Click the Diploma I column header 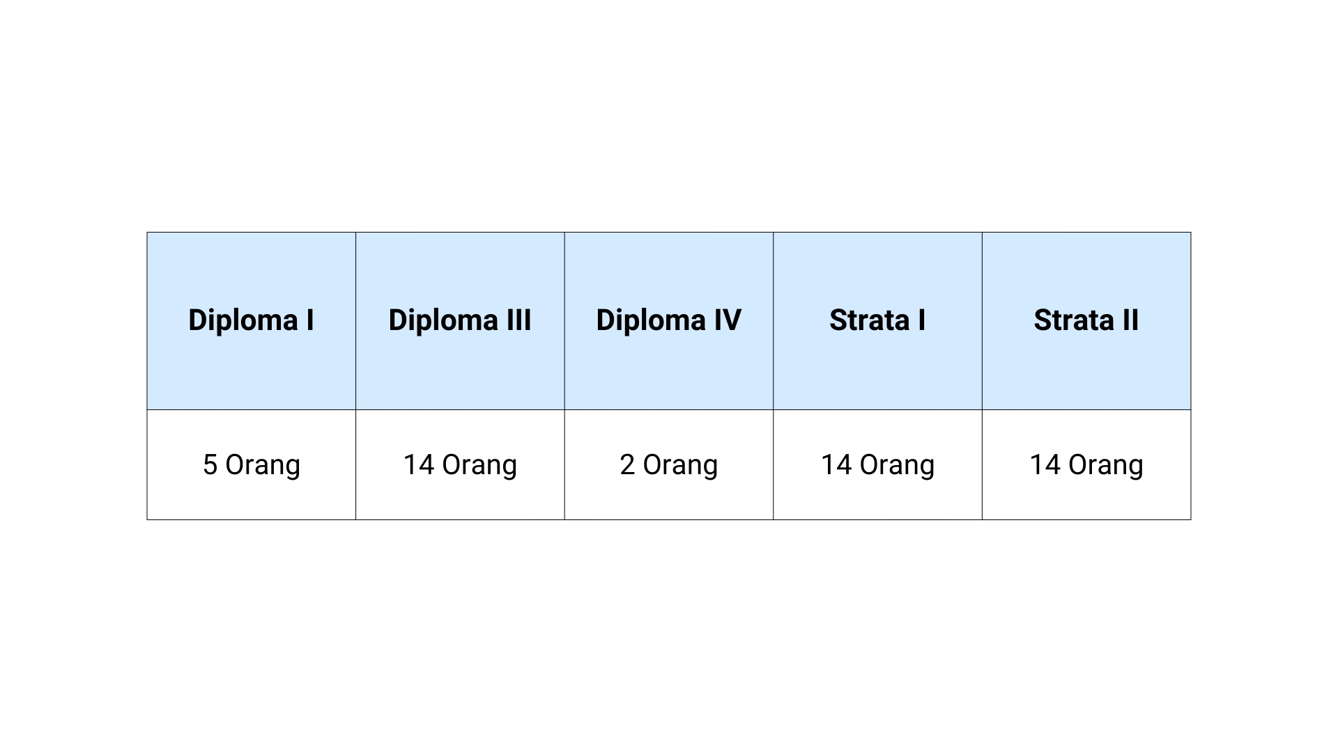pyautogui.click(x=251, y=321)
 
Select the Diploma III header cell pyautogui.click(x=460, y=321)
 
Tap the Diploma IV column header pyautogui.click(x=669, y=321)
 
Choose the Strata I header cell pyautogui.click(x=878, y=321)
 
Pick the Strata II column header pyautogui.click(x=1086, y=321)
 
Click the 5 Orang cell pyautogui.click(x=251, y=464)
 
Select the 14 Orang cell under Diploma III pyautogui.click(x=460, y=464)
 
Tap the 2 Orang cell pyautogui.click(x=669, y=464)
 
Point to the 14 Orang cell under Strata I pyautogui.click(x=878, y=464)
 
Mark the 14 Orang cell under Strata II pyautogui.click(x=1086, y=464)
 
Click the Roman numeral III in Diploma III pyautogui.click(x=519, y=320)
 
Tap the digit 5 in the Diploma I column pyautogui.click(x=210, y=464)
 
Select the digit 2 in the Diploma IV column pyautogui.click(x=627, y=464)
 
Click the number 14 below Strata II pyautogui.click(x=1045, y=464)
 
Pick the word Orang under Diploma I pyautogui.click(x=263, y=466)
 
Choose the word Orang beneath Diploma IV pyautogui.click(x=680, y=466)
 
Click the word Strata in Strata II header pyautogui.click(x=1073, y=320)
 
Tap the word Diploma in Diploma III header pyautogui.click(x=443, y=322)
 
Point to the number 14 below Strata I pyautogui.click(x=836, y=464)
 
